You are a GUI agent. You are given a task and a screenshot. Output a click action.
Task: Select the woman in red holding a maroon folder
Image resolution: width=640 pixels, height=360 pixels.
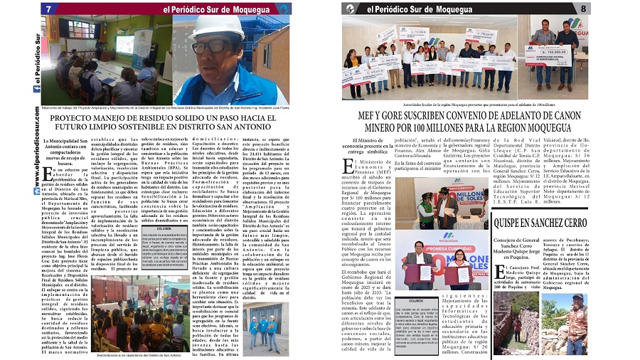coord(461,263)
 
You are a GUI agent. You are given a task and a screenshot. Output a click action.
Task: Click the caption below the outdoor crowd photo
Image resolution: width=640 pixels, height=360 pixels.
coord(135,354)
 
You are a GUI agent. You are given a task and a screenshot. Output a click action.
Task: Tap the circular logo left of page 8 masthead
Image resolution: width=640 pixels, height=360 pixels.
coord(348,9)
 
